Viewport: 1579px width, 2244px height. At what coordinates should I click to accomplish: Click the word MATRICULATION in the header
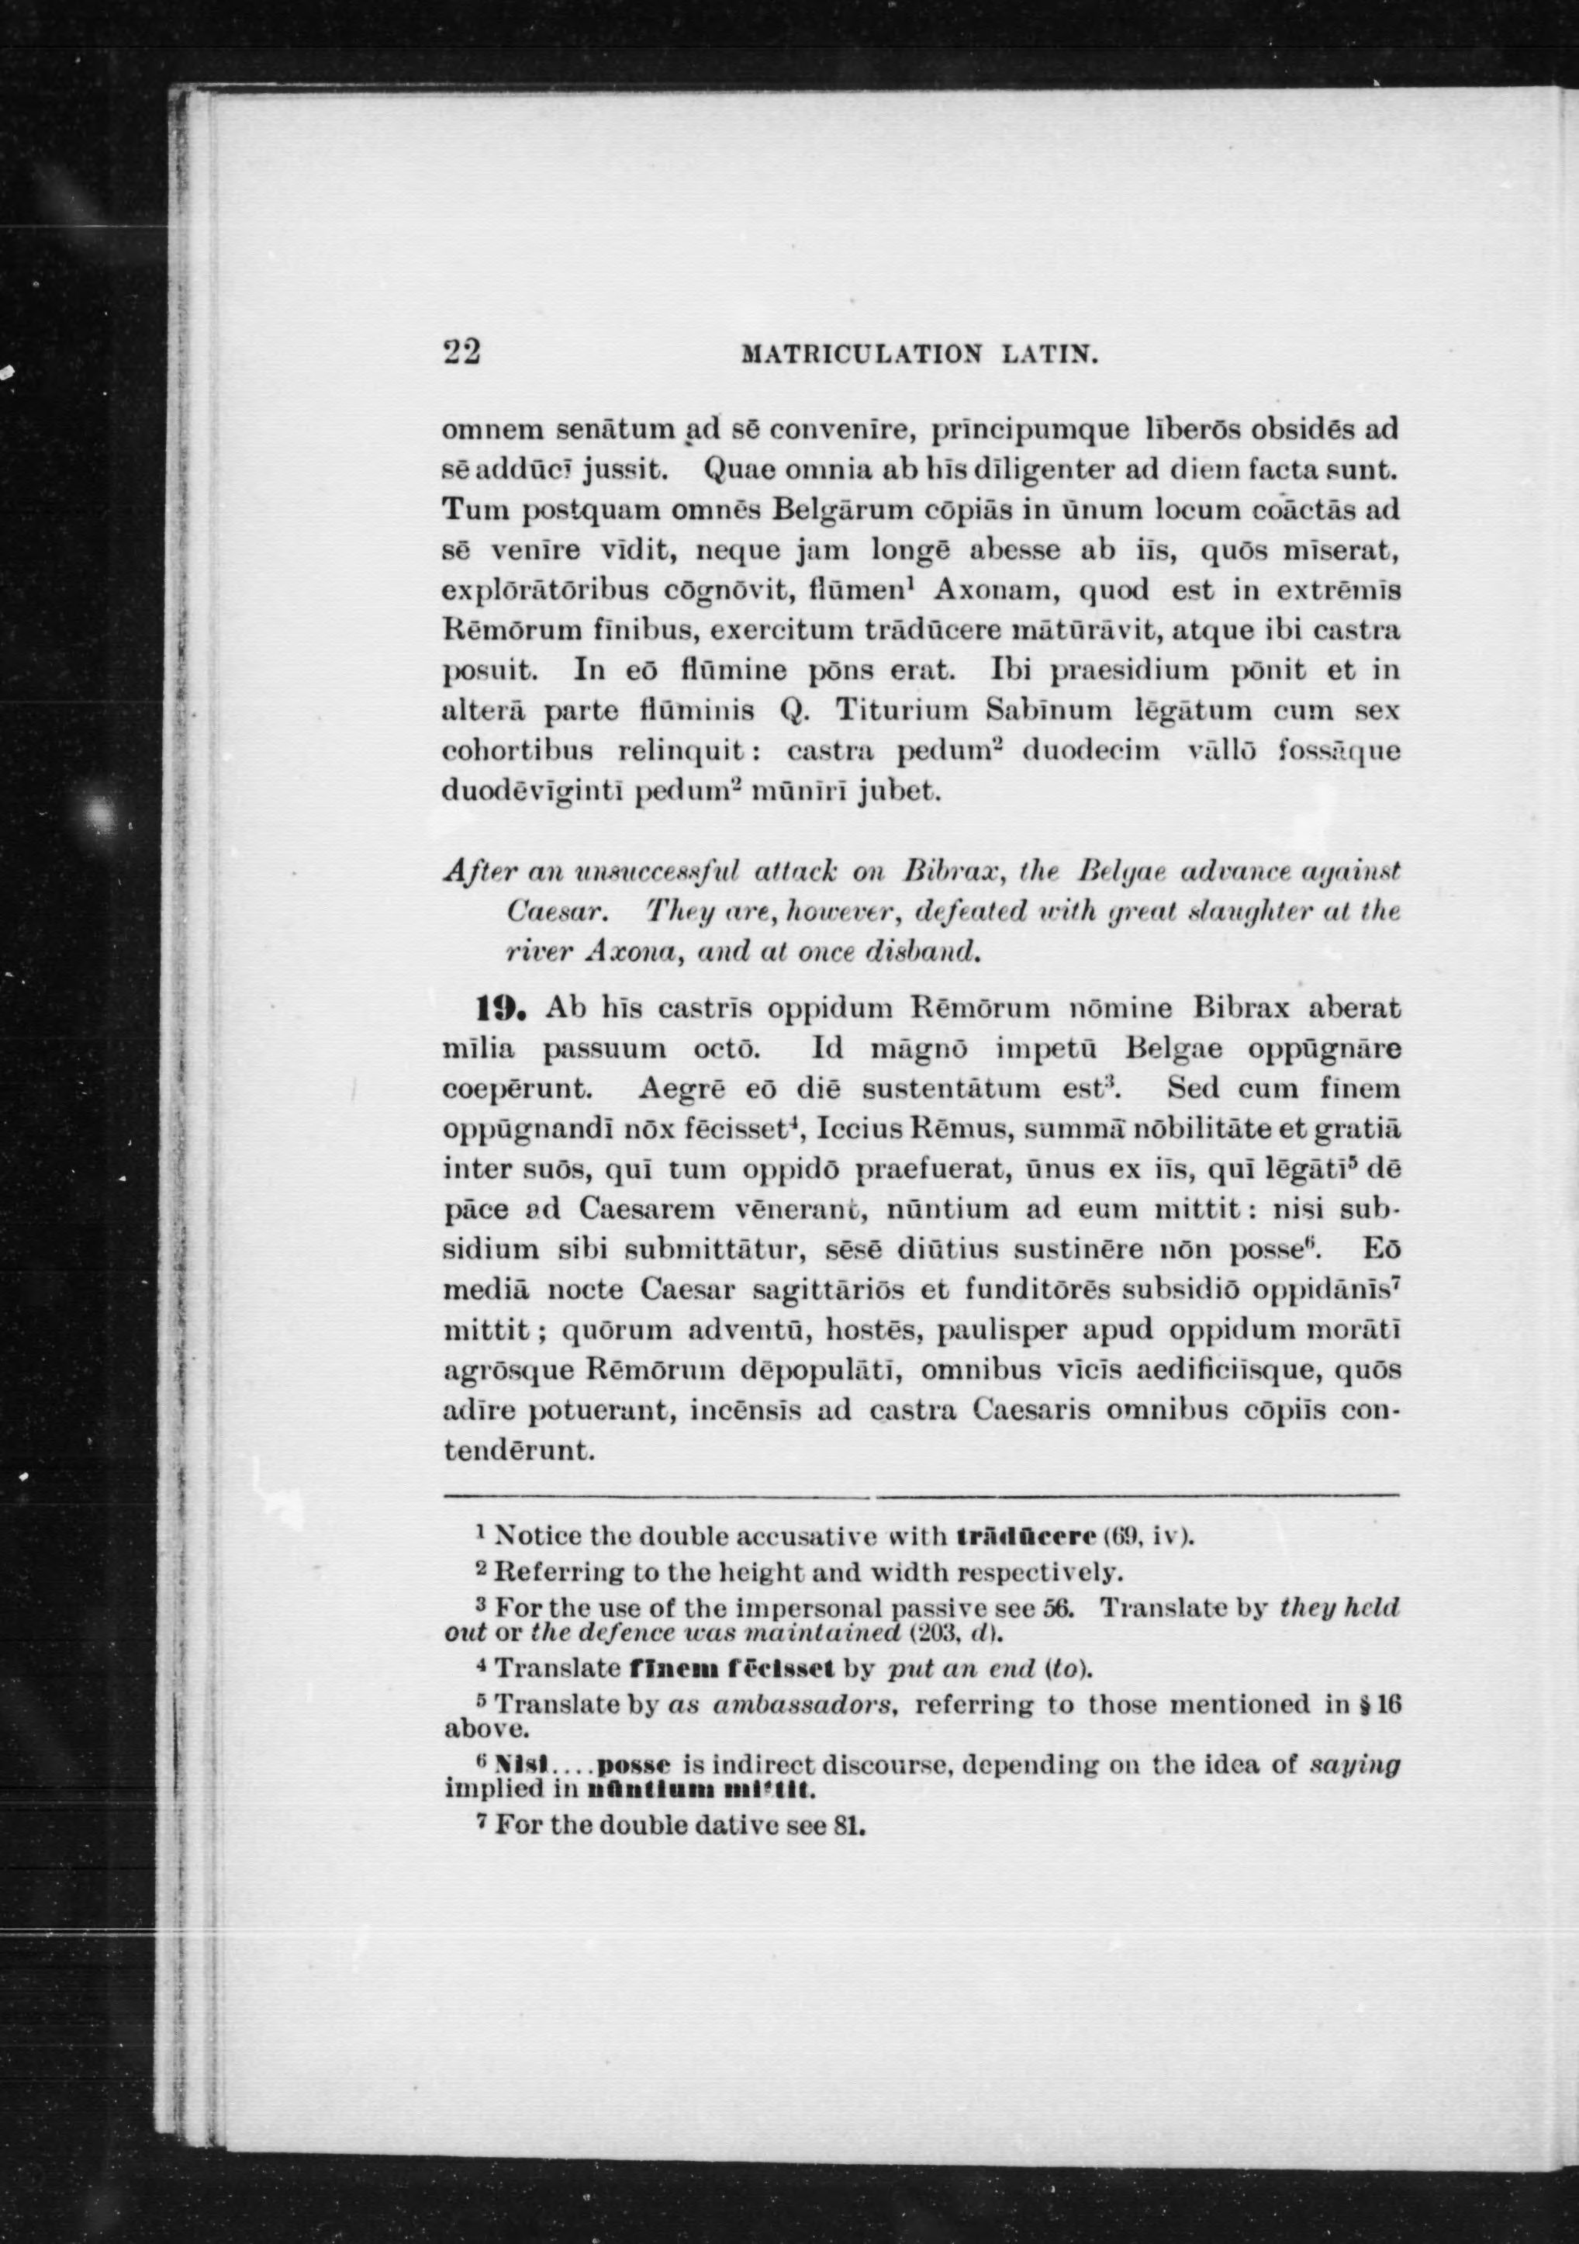coord(859,353)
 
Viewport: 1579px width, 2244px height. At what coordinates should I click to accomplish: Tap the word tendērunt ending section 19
coord(519,1450)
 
